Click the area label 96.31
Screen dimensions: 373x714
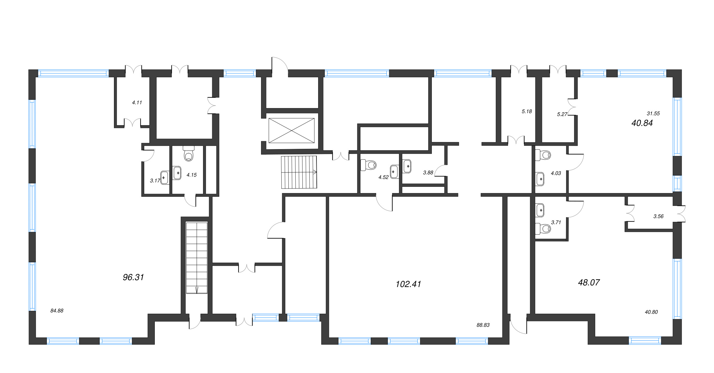click(133, 277)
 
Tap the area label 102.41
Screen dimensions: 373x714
click(408, 284)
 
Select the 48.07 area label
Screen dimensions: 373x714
click(589, 282)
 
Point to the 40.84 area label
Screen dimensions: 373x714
click(642, 123)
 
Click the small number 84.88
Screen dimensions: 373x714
click(57, 311)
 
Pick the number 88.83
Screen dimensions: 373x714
click(483, 325)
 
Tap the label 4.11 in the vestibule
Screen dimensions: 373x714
click(137, 102)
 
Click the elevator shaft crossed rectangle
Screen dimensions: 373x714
click(291, 131)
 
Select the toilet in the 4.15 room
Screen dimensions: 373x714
click(188, 154)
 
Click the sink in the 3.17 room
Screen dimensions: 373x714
click(164, 177)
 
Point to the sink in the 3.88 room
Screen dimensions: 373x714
click(407, 166)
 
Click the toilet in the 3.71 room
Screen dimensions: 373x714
click(543, 228)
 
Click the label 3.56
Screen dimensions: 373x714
click(658, 216)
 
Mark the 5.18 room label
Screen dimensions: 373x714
click(527, 112)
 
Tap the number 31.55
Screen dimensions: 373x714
click(653, 113)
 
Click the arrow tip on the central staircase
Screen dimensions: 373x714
click(316, 172)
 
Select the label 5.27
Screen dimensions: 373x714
click(562, 114)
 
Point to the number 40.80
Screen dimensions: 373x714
click(651, 312)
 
